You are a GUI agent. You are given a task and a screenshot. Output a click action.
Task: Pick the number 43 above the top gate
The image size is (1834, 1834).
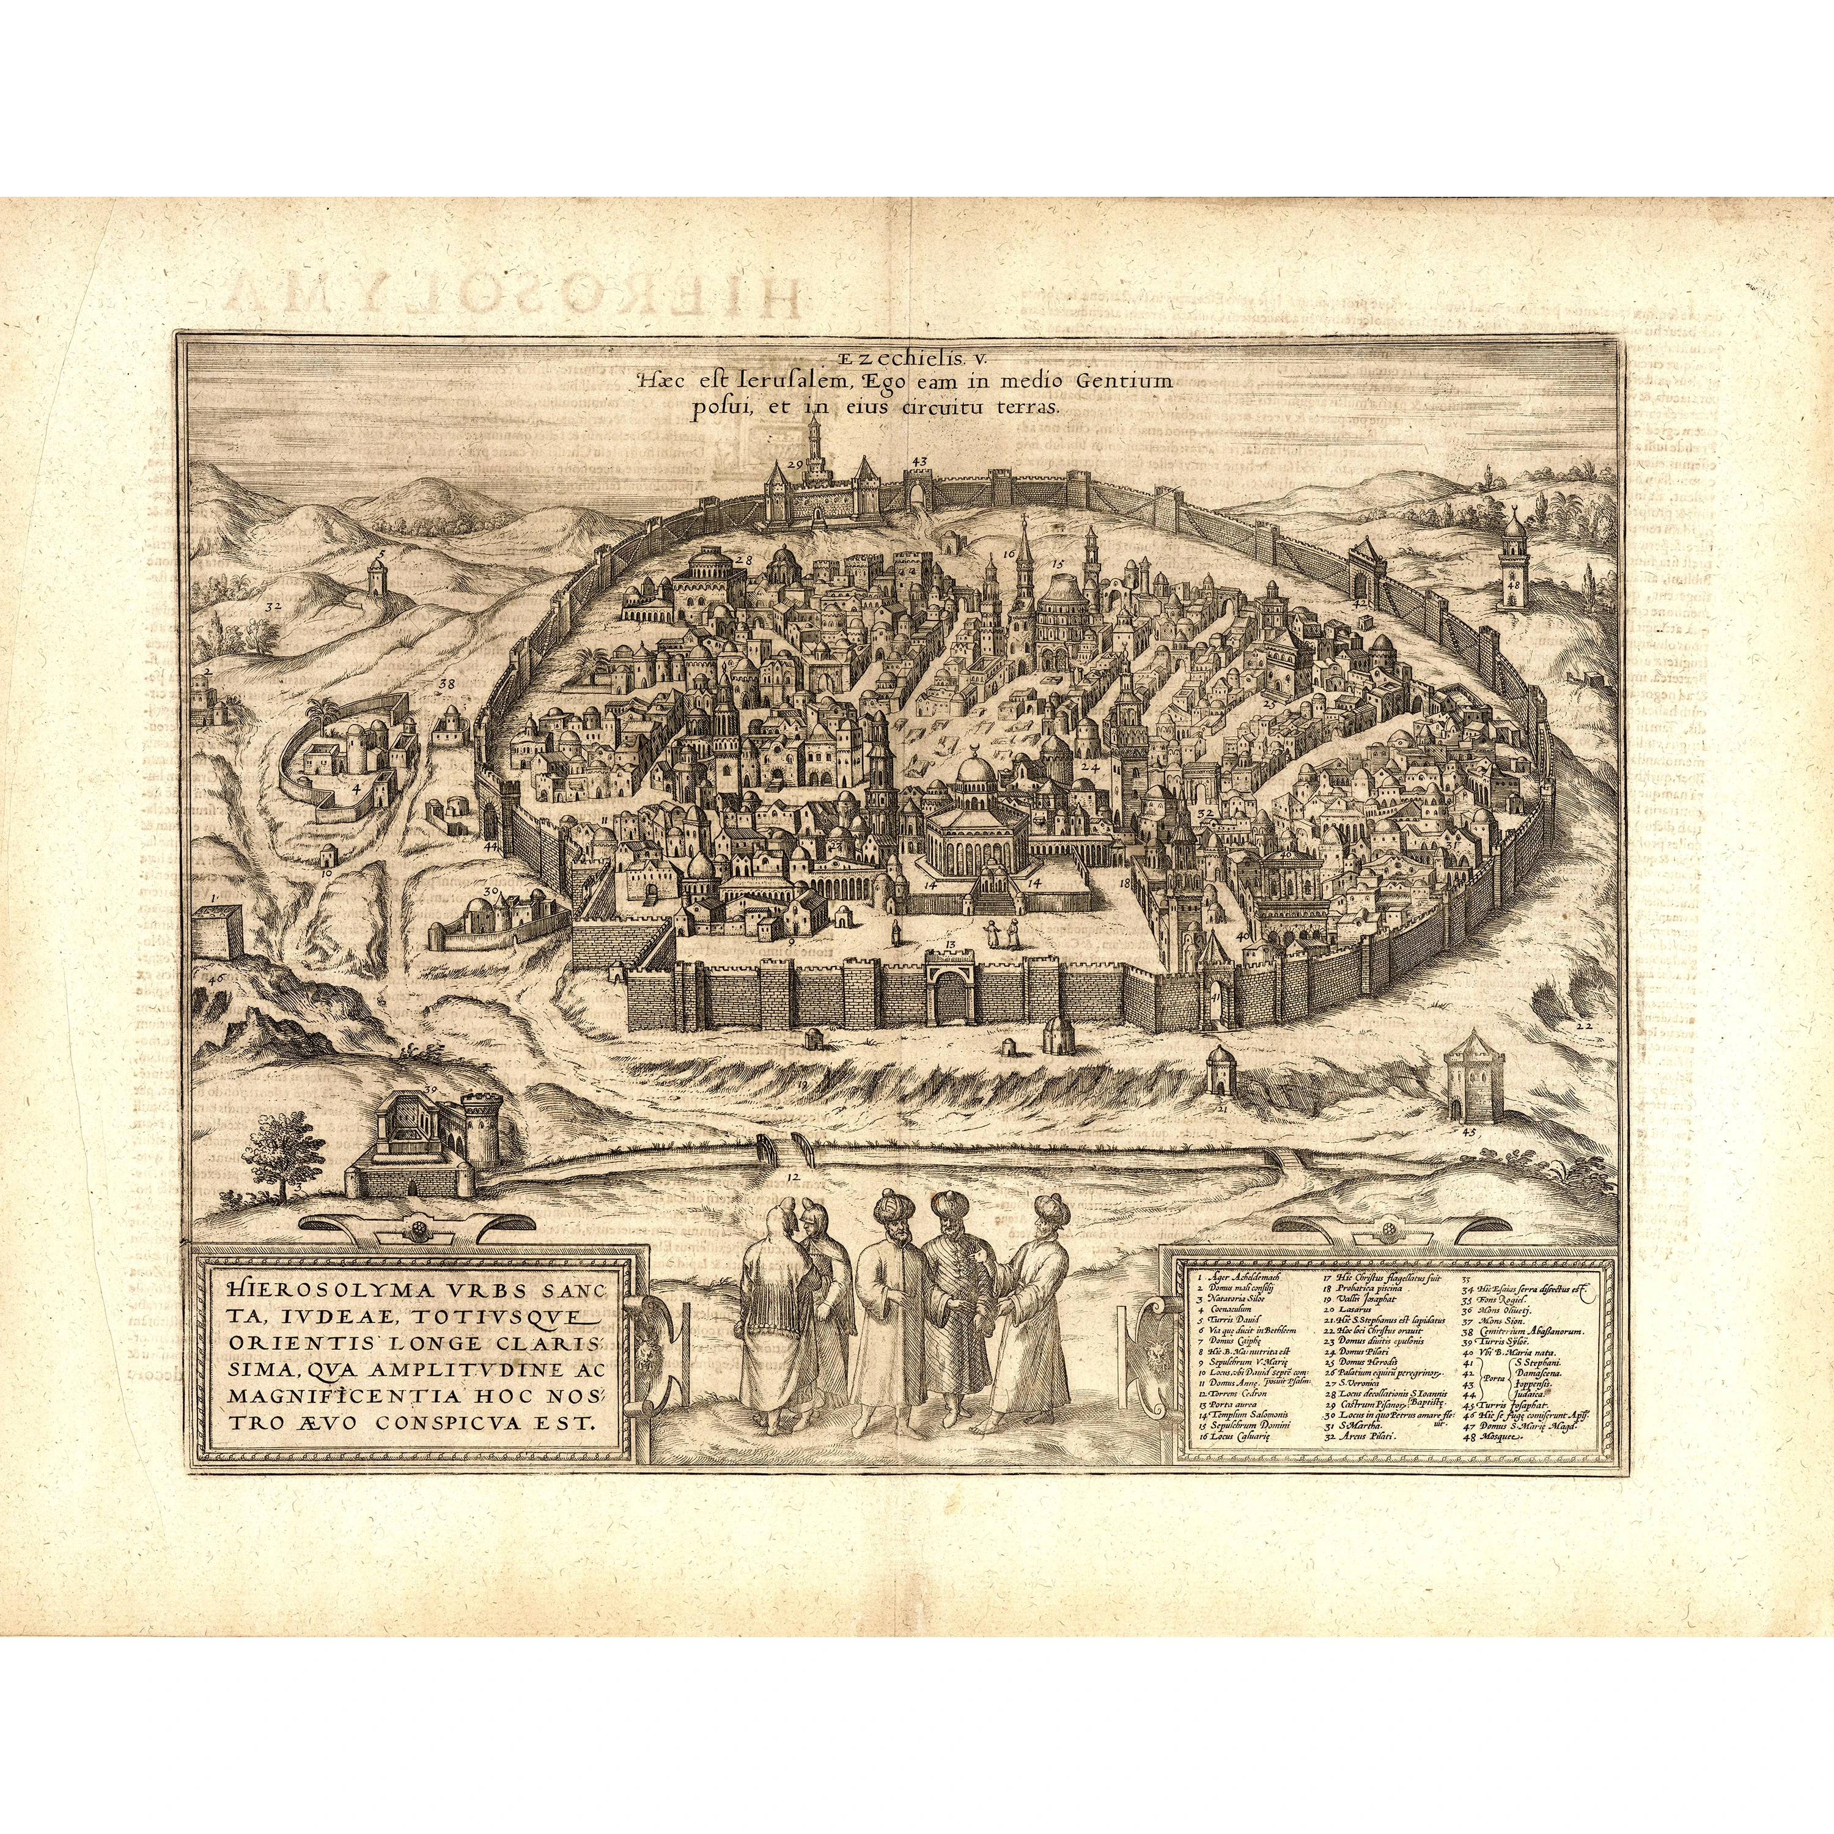(x=918, y=462)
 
